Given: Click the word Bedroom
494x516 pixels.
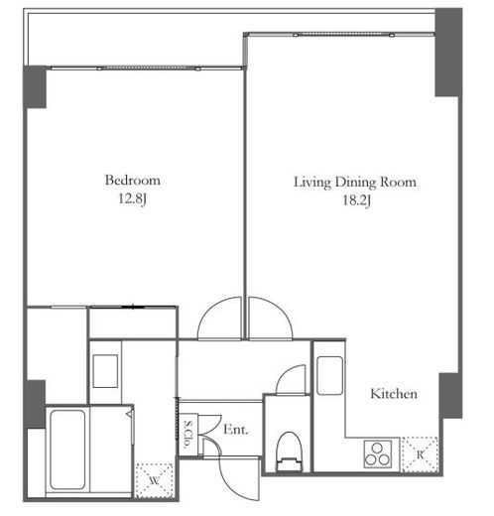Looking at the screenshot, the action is (133, 181).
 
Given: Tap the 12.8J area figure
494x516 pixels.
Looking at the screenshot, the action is (132, 199).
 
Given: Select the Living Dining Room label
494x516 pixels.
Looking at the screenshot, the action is (355, 183).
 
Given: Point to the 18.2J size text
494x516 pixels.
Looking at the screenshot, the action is (356, 200).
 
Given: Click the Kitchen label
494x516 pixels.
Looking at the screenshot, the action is (394, 394).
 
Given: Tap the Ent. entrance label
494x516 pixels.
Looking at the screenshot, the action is (235, 430).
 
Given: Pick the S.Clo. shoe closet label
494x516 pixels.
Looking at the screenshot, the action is (187, 434).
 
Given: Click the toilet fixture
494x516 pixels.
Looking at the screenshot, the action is (290, 451).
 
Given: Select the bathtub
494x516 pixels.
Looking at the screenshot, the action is (67, 450).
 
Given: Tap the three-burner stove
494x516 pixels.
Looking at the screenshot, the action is (378, 453).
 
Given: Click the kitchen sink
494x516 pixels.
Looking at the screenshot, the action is (329, 375).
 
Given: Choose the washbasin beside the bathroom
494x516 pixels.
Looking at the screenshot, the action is (105, 371).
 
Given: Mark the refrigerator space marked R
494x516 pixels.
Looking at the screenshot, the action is (420, 454).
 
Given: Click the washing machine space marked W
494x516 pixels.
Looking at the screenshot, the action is (155, 480).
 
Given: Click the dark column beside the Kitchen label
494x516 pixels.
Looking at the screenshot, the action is (450, 396).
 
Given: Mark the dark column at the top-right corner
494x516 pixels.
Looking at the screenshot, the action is (448, 53).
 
